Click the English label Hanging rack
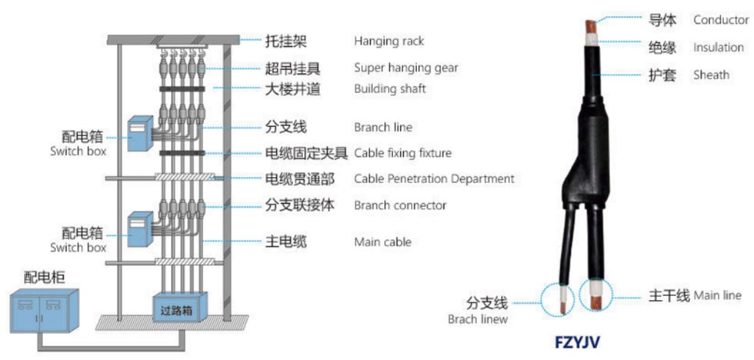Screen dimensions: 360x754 point(389,41)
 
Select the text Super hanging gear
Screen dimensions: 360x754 point(405,68)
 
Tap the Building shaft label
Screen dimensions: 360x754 point(389,89)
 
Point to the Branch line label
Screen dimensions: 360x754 point(382,128)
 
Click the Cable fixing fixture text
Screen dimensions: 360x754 point(402,153)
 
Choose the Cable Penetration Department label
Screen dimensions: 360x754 point(434,179)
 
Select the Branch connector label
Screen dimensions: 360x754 point(400,205)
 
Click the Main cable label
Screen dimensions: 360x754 point(382,242)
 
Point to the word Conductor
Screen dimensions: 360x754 point(720,20)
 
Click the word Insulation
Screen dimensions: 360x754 point(718,48)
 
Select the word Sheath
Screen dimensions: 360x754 point(711,75)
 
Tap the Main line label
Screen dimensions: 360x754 point(717,295)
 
